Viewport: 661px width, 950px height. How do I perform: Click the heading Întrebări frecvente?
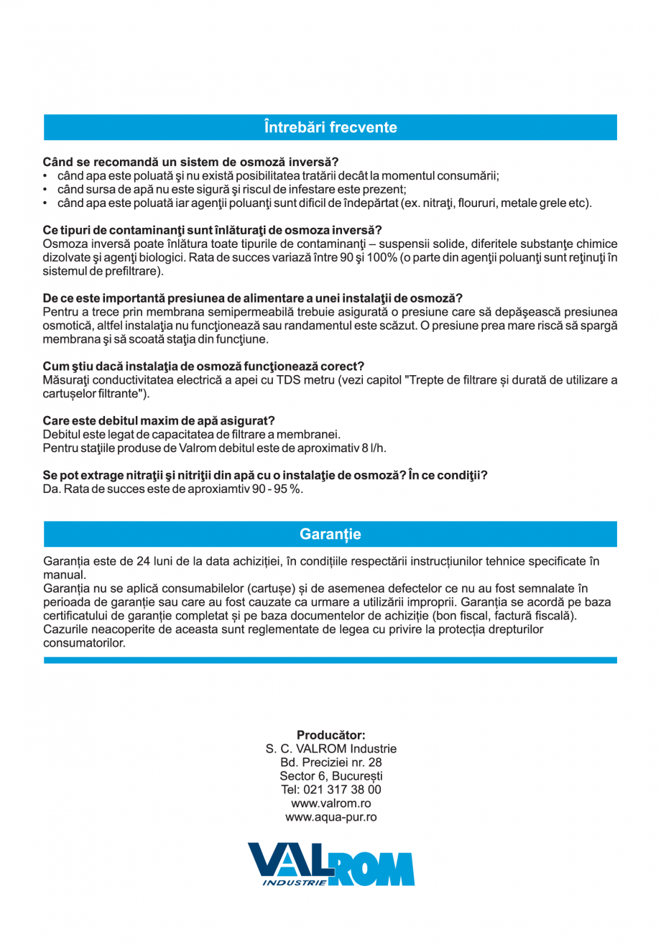(330, 127)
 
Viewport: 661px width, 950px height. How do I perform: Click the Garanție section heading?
(330, 534)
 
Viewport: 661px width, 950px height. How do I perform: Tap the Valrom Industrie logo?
(330, 864)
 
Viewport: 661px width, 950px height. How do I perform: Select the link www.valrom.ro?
(330, 803)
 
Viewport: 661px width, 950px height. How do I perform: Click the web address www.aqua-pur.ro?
(330, 817)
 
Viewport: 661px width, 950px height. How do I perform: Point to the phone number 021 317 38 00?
(342, 790)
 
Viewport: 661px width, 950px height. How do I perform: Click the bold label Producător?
(330, 735)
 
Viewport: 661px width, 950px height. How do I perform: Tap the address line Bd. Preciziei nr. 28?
(330, 762)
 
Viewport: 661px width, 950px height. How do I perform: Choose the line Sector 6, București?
(330, 776)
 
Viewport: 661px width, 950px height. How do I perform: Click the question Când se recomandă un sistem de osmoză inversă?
(190, 162)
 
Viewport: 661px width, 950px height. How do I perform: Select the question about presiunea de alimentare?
(252, 298)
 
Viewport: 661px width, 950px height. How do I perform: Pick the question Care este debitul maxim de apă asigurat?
(159, 420)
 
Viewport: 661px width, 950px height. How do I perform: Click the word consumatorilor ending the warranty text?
(84, 643)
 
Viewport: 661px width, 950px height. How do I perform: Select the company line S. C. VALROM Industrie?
(330, 749)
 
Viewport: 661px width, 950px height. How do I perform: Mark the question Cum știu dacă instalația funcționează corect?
(203, 366)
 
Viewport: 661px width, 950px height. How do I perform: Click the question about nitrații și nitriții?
(265, 475)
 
